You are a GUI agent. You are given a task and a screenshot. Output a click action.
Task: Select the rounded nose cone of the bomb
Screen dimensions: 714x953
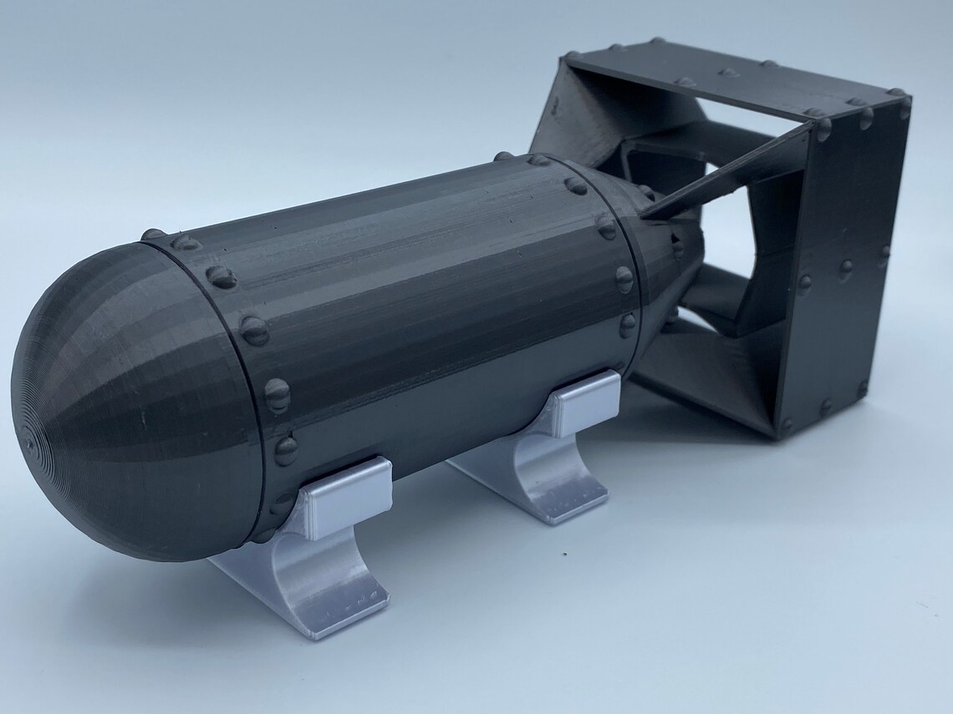(x=125, y=401)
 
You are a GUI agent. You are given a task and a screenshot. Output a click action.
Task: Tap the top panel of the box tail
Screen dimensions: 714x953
(x=727, y=79)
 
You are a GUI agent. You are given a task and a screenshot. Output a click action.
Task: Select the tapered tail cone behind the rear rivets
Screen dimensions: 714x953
(x=669, y=251)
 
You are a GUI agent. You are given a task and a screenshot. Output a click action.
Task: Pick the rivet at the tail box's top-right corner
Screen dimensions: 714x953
(x=899, y=96)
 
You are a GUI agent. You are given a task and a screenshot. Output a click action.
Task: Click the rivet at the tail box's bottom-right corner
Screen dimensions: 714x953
(x=862, y=388)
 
